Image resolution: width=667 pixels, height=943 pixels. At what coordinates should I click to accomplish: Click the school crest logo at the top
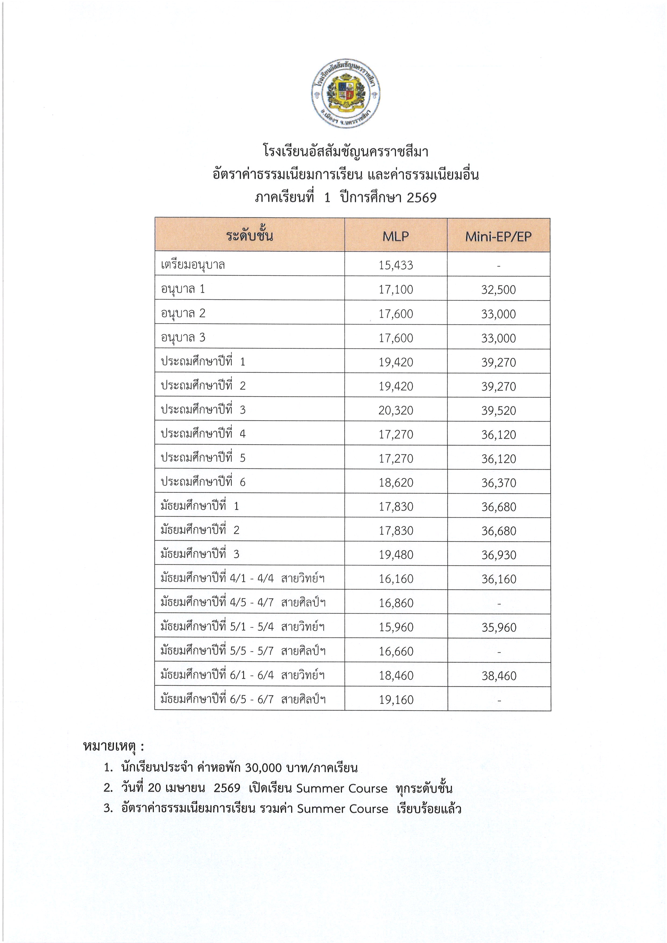[345, 94]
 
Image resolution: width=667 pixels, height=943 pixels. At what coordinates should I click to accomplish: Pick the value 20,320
[396, 410]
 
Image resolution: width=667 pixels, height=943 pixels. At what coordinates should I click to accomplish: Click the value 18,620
[396, 483]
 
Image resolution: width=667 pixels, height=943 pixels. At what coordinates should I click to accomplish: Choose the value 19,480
[396, 555]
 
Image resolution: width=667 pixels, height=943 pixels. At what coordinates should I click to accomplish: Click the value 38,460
[499, 676]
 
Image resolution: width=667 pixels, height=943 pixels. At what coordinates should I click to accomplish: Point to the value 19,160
[396, 700]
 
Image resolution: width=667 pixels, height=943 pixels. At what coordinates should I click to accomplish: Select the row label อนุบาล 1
[183, 289]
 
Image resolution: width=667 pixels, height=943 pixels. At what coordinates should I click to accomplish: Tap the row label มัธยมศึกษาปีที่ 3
[200, 554]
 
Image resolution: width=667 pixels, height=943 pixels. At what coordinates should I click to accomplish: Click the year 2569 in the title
[421, 198]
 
